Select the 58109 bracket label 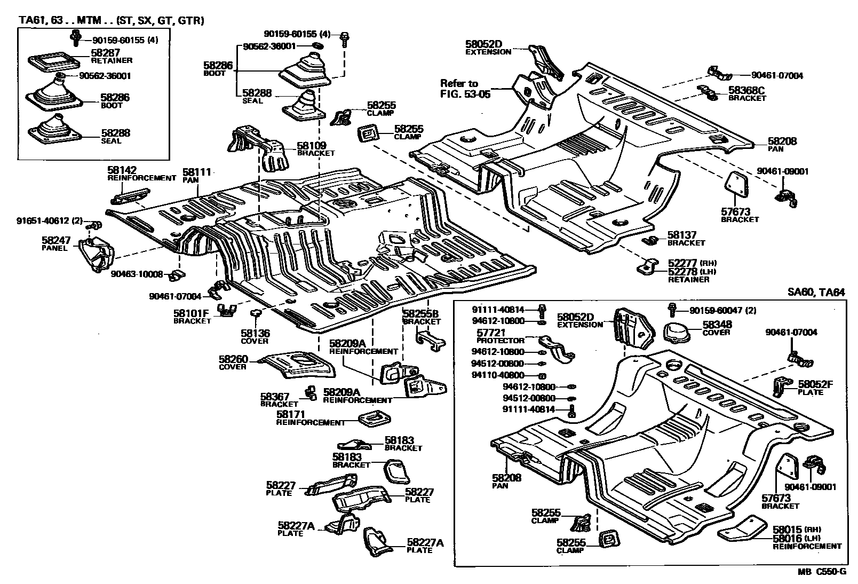click(x=311, y=145)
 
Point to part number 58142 click(x=120, y=170)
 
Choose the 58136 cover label click(x=255, y=333)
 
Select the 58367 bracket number click(x=275, y=396)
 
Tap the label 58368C click(x=746, y=91)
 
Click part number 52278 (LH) click(x=682, y=271)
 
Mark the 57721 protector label click(x=491, y=333)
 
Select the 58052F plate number click(x=815, y=384)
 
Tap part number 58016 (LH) click(x=788, y=538)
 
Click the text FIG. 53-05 click(x=465, y=94)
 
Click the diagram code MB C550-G click(x=822, y=572)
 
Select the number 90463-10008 click(x=137, y=274)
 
